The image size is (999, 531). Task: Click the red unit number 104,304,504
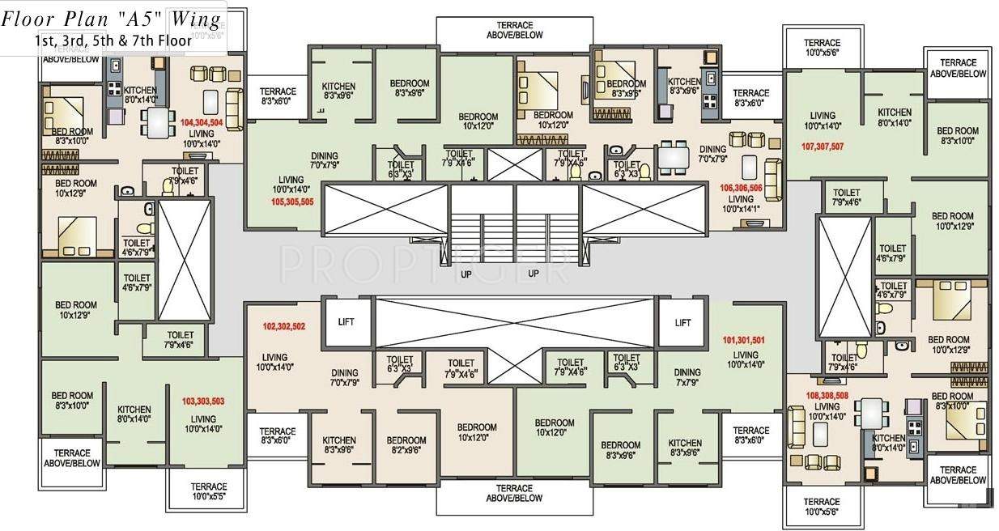pyautogui.click(x=213, y=123)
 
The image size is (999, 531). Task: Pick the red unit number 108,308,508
pyautogui.click(x=827, y=396)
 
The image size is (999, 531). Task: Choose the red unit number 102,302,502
pyautogui.click(x=283, y=327)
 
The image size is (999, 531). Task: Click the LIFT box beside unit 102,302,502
pyautogui.click(x=346, y=322)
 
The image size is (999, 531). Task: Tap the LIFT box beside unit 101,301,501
pyautogui.click(x=682, y=322)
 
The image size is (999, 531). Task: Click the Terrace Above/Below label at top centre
pyautogui.click(x=515, y=31)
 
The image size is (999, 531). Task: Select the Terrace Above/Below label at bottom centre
pyautogui.click(x=515, y=494)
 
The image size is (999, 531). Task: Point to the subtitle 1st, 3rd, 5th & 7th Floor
pyautogui.click(x=113, y=40)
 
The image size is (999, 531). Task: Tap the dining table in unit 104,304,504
pyautogui.click(x=155, y=121)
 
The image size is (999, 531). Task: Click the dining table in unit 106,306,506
pyautogui.click(x=671, y=155)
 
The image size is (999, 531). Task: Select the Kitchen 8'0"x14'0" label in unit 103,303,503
pyautogui.click(x=134, y=414)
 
